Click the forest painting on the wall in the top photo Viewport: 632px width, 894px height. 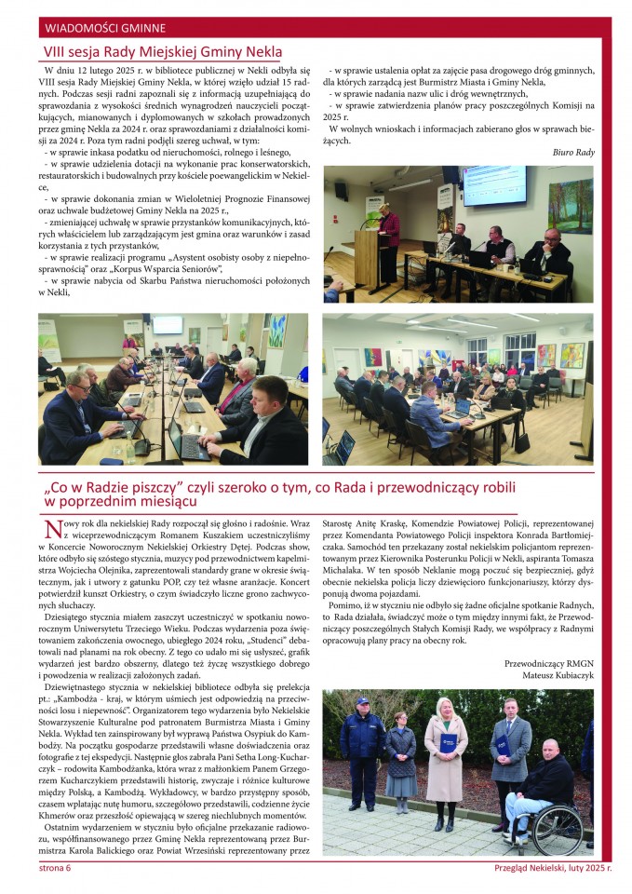[570, 204]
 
